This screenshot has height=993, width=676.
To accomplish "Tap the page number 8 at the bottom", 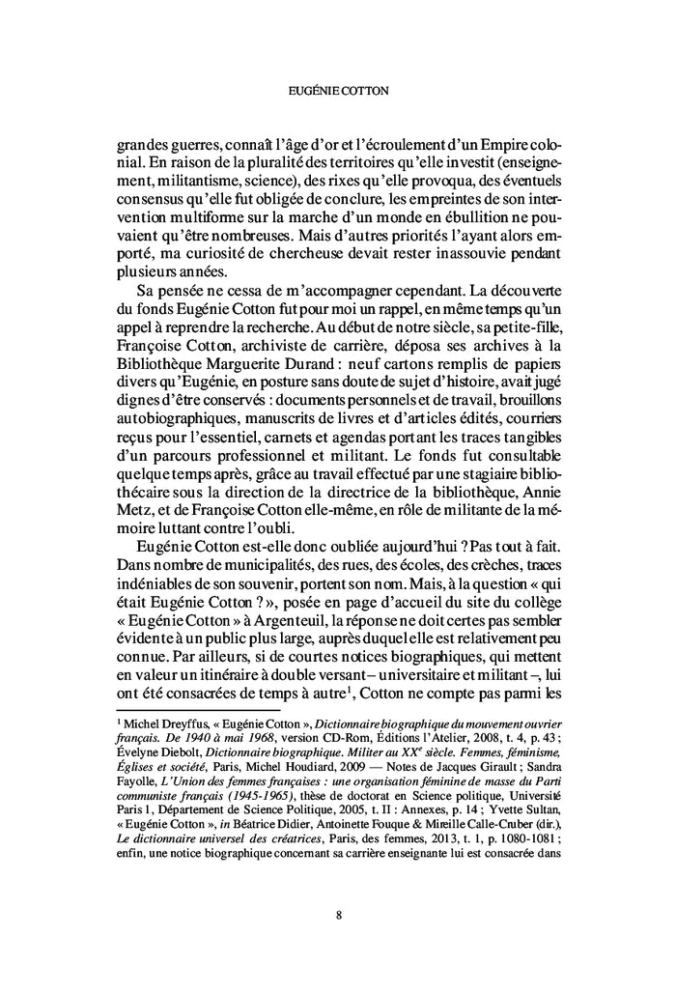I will (x=338, y=917).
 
